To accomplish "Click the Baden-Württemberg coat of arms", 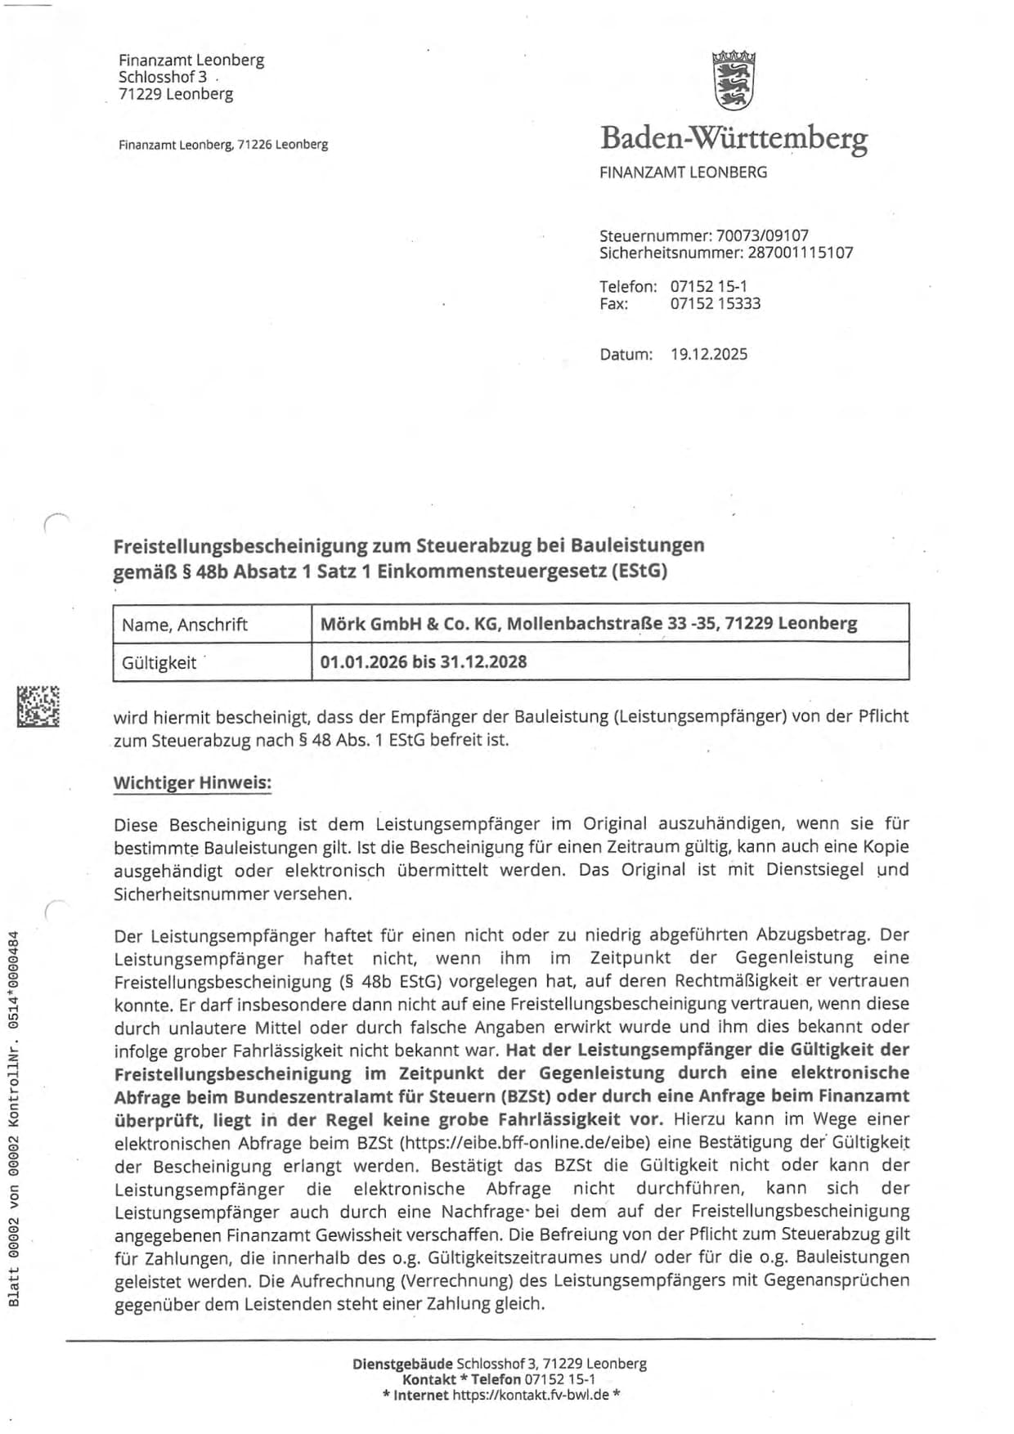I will click(x=734, y=80).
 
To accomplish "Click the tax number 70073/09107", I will click(x=762, y=235).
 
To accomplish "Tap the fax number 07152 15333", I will click(x=715, y=303).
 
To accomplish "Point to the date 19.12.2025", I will click(x=708, y=354).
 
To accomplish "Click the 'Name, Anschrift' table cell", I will click(x=185, y=625).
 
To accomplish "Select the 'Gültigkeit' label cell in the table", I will click(x=159, y=662).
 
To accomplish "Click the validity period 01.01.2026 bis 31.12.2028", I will click(x=423, y=661).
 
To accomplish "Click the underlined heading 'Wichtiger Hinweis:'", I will click(x=192, y=782).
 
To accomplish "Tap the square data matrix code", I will click(x=38, y=706).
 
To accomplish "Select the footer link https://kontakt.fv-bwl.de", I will click(x=531, y=1395).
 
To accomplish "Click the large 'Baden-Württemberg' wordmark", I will click(x=734, y=138).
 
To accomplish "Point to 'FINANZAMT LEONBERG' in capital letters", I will click(x=683, y=173).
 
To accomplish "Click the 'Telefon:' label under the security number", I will click(x=628, y=287).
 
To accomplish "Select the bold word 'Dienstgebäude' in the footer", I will click(x=402, y=1364).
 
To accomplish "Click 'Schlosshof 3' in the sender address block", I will click(x=163, y=77).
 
